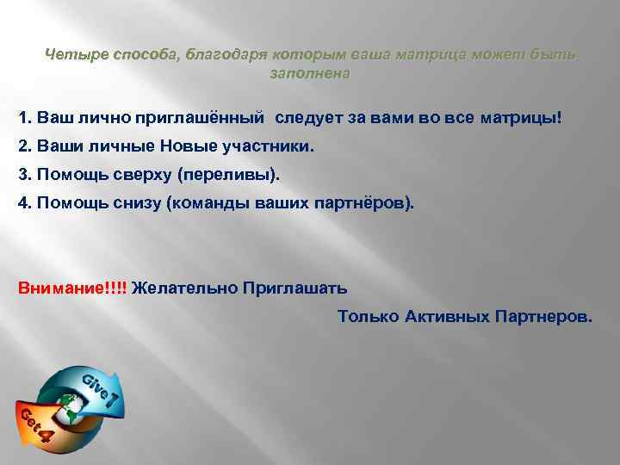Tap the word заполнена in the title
pos(310,74)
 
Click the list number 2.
pos(24,146)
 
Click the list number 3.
pos(24,175)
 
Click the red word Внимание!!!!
pos(72,287)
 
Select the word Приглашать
pos(294,287)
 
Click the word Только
pos(369,316)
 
